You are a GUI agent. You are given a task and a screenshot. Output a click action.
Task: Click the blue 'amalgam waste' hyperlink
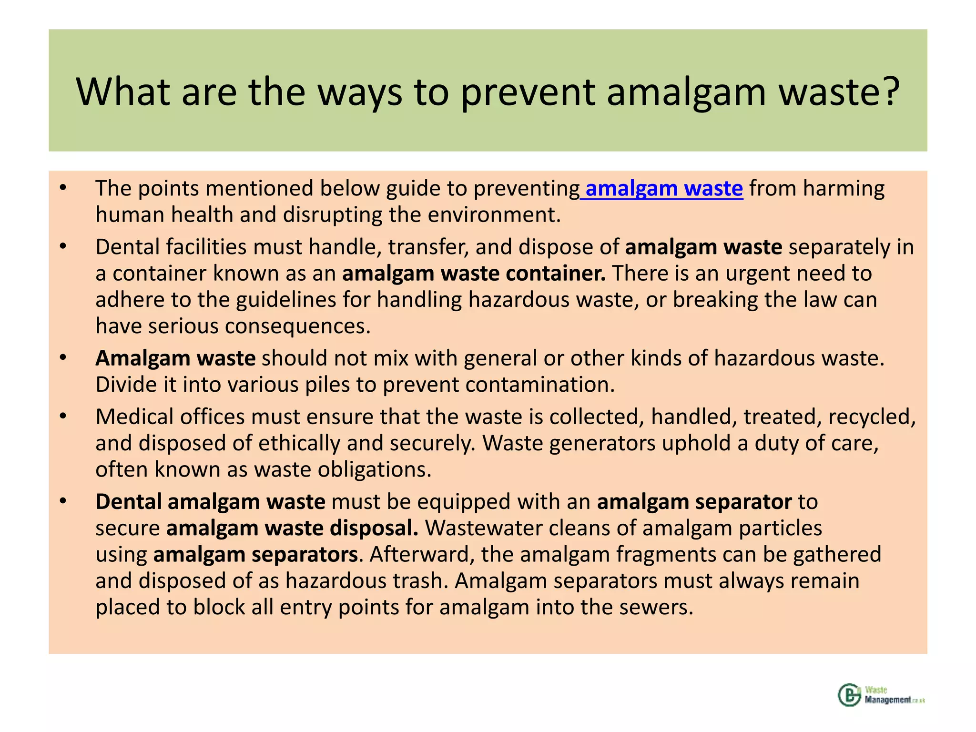point(663,189)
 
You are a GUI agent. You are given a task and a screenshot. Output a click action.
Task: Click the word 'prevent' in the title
point(528,91)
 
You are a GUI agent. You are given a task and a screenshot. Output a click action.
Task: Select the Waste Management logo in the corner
point(881,695)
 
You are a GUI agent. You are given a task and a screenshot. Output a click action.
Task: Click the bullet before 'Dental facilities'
point(63,247)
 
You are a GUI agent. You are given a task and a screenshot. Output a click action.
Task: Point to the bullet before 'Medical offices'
point(63,417)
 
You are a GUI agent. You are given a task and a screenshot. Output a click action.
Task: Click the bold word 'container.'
point(556,274)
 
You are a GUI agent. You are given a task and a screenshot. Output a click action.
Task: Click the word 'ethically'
point(299,443)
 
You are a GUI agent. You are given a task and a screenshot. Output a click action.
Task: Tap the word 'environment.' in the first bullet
point(494,215)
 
